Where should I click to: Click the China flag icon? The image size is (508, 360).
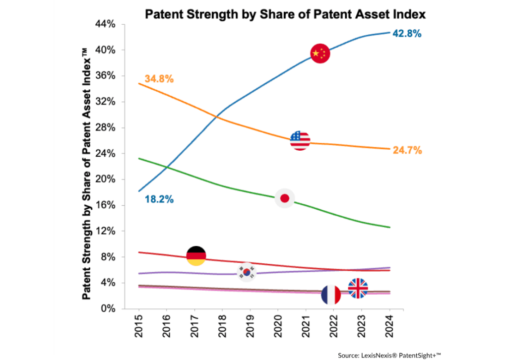click(320, 54)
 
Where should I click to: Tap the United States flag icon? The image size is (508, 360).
click(300, 140)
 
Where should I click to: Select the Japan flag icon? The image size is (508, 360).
click(285, 198)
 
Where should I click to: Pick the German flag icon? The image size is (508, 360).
click(196, 255)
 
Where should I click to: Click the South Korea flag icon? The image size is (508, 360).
click(247, 272)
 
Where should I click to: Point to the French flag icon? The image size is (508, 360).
click(331, 295)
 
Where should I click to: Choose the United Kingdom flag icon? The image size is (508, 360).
click(358, 288)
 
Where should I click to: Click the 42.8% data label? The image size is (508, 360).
click(407, 34)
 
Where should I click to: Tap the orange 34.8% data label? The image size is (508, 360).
click(159, 79)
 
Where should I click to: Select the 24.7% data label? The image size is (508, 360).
click(407, 150)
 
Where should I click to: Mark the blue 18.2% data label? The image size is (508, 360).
click(159, 200)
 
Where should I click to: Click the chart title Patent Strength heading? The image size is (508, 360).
click(285, 14)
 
